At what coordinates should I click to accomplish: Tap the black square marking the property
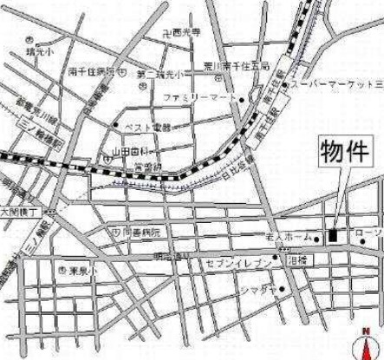click(333, 234)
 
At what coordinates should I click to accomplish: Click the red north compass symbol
click(373, 346)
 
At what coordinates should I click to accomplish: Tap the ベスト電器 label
click(146, 127)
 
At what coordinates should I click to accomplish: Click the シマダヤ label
click(257, 288)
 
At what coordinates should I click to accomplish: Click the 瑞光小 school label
click(38, 51)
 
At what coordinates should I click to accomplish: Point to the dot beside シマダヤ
click(282, 288)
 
